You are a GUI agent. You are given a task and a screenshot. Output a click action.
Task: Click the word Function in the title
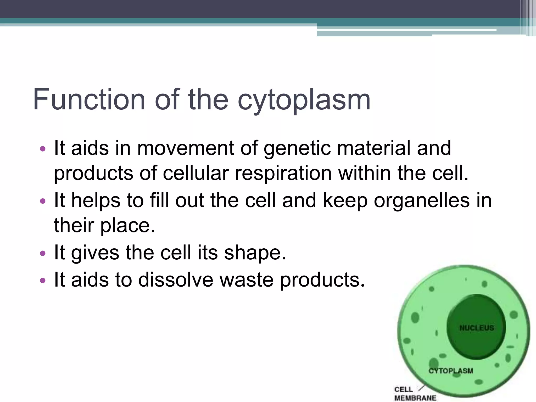pos(89,99)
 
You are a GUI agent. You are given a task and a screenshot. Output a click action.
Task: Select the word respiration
pos(283,174)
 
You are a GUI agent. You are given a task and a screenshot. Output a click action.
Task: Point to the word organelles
pos(422,201)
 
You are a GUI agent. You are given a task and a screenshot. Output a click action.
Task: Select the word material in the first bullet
pos(374,148)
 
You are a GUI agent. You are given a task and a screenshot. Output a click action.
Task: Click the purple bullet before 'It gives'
pos(43,253)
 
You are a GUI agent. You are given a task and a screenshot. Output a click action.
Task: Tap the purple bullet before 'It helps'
pos(43,201)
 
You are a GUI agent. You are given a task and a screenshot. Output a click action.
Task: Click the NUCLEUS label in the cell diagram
pos(477,328)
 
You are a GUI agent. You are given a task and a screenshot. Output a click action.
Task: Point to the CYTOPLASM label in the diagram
pos(451,371)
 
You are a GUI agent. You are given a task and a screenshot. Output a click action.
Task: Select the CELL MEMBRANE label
pos(415,394)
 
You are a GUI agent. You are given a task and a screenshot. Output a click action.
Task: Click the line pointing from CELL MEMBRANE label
pos(422,388)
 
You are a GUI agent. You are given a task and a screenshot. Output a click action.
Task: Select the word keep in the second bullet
pos(345,201)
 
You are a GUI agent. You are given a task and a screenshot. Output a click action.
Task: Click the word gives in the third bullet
pos(95,253)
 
